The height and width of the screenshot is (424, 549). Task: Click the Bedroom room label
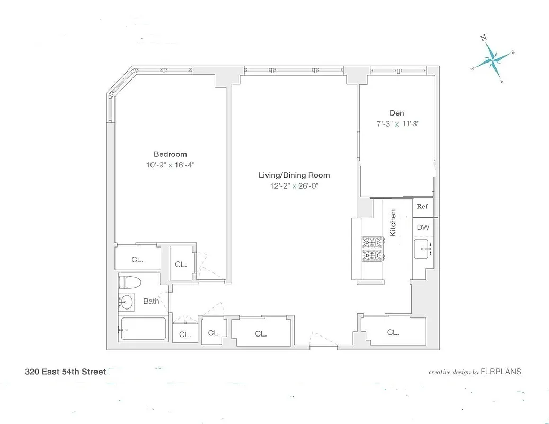tap(170, 154)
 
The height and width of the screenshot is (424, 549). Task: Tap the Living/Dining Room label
tap(294, 175)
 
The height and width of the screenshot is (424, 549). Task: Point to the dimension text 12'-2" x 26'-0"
tap(294, 186)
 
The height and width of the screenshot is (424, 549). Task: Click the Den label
tap(397, 113)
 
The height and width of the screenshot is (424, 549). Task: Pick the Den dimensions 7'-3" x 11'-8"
tap(397, 124)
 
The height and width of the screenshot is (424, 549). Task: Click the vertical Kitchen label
tap(393, 223)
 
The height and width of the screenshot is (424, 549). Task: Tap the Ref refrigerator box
tap(422, 207)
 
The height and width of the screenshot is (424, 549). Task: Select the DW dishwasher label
tap(423, 227)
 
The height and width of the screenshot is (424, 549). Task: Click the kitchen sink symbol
tap(424, 248)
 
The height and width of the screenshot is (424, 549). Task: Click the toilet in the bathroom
tap(129, 282)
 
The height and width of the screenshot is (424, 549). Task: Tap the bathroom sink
tap(127, 302)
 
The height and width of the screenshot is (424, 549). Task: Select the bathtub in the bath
tap(144, 329)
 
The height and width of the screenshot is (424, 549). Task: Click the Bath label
tap(151, 301)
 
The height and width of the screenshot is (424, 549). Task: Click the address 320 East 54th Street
tap(66, 372)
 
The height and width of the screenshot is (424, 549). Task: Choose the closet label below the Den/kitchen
tap(393, 332)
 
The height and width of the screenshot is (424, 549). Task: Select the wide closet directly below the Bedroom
tap(138, 260)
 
